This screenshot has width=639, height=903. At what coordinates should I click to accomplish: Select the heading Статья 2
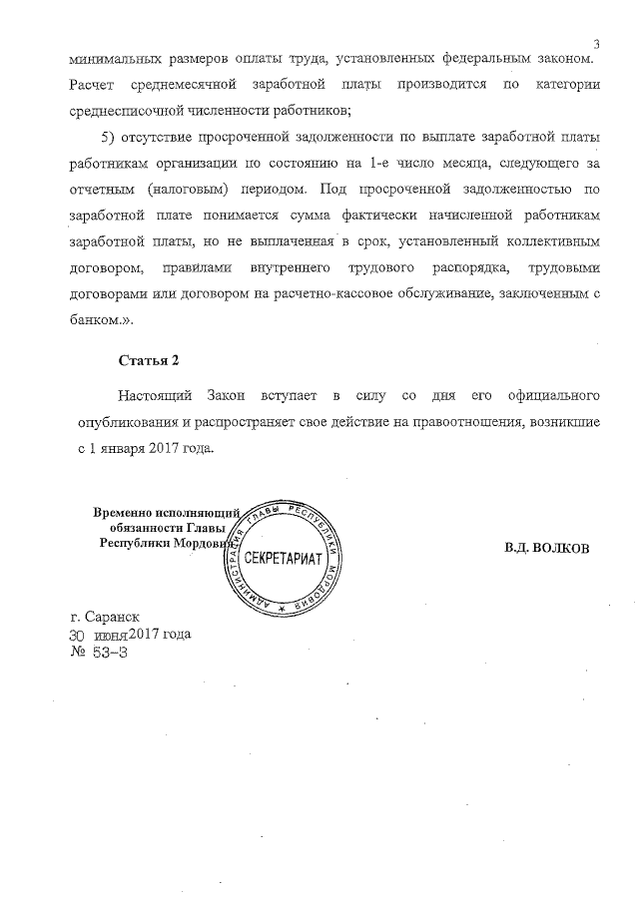click(x=148, y=360)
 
